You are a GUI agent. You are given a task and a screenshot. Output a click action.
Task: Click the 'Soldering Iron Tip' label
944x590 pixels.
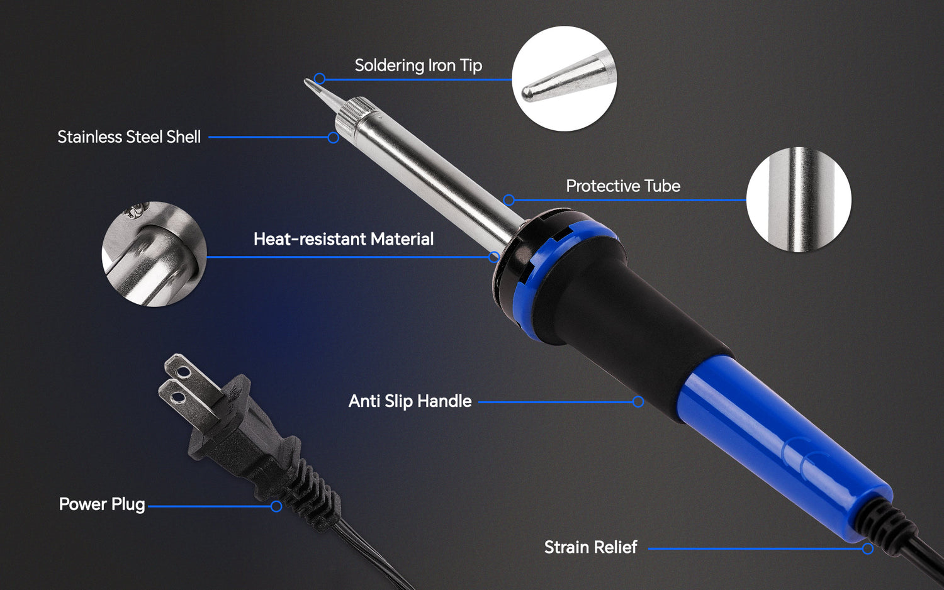(418, 65)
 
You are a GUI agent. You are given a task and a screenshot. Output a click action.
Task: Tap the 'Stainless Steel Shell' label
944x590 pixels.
(129, 137)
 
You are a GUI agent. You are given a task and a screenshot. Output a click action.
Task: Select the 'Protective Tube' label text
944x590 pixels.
(622, 186)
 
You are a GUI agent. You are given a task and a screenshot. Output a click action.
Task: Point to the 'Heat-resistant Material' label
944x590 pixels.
(343, 239)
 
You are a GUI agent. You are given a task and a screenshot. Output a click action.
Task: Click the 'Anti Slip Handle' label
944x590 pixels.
(410, 401)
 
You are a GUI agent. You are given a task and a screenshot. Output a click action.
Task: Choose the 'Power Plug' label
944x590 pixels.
(102, 504)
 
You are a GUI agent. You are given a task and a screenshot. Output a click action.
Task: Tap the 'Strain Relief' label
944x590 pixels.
(590, 547)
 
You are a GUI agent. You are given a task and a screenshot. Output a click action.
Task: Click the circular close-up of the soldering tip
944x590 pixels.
(564, 79)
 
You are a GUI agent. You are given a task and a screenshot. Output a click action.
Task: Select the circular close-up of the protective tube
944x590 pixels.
(799, 200)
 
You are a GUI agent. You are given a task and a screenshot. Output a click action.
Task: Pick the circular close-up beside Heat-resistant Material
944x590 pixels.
(154, 254)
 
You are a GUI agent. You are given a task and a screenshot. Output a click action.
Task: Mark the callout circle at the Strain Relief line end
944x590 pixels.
(867, 548)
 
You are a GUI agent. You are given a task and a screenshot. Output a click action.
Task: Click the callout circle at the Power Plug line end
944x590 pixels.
(276, 506)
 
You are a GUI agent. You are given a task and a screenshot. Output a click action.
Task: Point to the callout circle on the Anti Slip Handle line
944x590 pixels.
(638, 402)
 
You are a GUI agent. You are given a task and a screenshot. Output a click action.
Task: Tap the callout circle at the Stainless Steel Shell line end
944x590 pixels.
(333, 137)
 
